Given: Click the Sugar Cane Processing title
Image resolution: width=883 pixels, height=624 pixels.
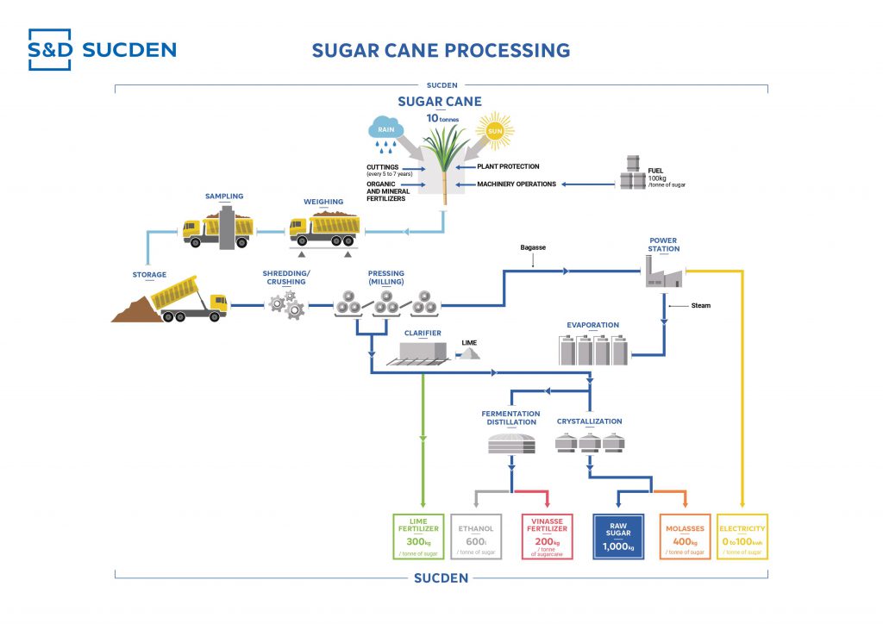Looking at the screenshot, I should (x=441, y=50).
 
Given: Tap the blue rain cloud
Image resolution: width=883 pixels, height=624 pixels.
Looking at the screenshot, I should (x=385, y=130).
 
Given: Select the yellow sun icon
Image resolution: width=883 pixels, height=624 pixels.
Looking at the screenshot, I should (x=493, y=131).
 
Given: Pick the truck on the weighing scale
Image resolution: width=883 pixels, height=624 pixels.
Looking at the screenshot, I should (x=325, y=230).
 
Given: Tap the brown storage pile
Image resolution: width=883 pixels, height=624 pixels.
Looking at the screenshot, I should (x=138, y=309).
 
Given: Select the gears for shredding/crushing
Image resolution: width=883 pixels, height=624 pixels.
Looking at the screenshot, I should (x=285, y=303).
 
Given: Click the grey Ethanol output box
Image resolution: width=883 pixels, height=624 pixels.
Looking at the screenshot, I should (x=476, y=536).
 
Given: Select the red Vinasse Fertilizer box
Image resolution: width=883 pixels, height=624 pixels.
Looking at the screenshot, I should (x=547, y=536).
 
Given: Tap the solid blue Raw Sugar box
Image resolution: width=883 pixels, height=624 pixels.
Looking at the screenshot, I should (x=618, y=536).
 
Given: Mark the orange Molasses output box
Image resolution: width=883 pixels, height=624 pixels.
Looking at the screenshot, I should (x=685, y=536).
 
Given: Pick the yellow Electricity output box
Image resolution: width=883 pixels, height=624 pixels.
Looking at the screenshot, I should (x=742, y=536).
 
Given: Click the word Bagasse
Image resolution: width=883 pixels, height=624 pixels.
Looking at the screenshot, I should (x=533, y=247).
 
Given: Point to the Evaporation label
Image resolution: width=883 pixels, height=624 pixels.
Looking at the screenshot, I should (x=592, y=325).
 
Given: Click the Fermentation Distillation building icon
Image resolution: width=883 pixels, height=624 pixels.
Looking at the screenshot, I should (x=511, y=443).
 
